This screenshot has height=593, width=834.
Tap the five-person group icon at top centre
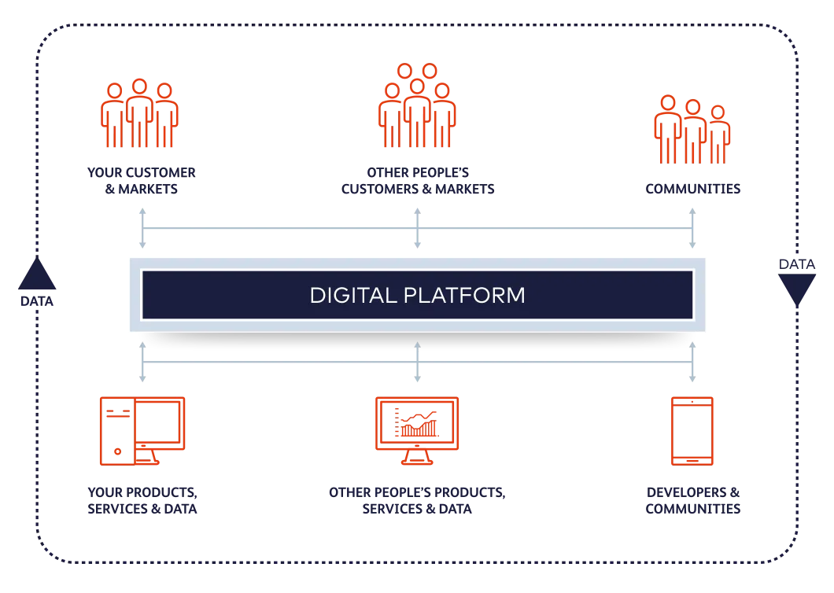click(417, 106)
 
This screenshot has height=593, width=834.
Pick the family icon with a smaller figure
click(692, 129)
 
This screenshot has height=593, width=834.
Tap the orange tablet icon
click(692, 431)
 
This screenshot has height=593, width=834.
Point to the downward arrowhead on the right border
click(796, 291)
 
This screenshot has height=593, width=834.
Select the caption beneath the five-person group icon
click(418, 180)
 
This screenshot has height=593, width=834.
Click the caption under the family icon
click(692, 189)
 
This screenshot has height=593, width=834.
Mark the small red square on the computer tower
click(117, 452)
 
